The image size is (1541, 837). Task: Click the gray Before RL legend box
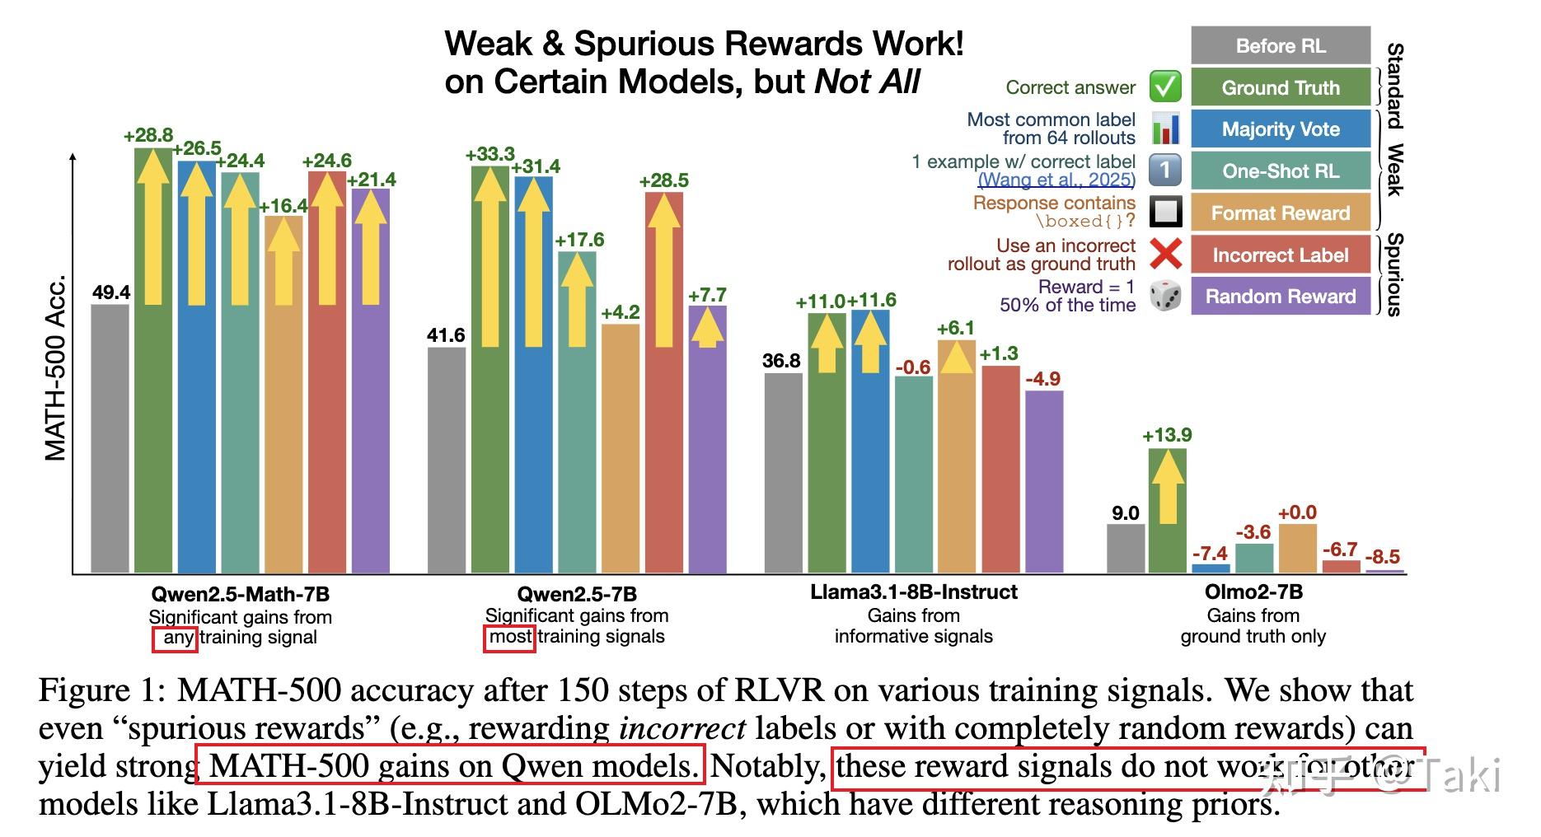(x=1280, y=45)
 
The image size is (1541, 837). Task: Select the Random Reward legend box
(x=1280, y=297)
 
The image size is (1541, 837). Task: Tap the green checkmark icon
(x=1165, y=87)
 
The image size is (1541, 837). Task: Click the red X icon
(x=1165, y=254)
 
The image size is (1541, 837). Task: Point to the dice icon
(x=1165, y=296)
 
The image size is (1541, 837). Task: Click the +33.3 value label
(x=489, y=154)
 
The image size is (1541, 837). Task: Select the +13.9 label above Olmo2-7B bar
(x=1167, y=435)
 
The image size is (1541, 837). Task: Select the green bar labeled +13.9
(x=1167, y=510)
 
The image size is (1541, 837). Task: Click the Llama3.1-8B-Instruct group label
(x=913, y=592)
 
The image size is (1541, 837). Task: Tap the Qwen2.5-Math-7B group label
(x=240, y=594)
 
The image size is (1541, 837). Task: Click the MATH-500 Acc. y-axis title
(x=54, y=367)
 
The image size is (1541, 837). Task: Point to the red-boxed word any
(x=175, y=638)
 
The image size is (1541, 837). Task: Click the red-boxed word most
(x=509, y=637)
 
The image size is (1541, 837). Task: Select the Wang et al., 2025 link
(x=1056, y=180)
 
